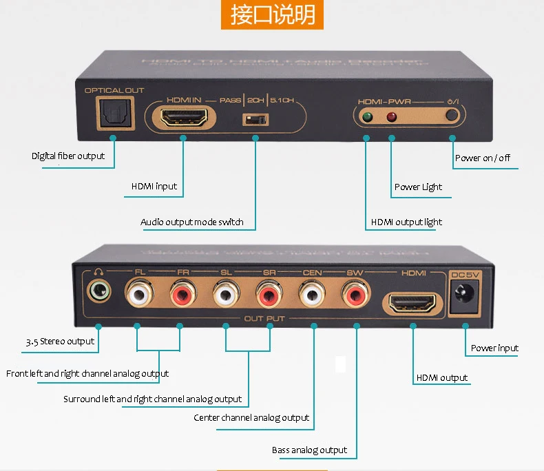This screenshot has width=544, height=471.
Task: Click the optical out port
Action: (x=112, y=111)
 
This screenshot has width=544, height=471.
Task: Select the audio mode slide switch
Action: (x=255, y=120)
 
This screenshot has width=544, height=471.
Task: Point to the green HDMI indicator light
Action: (x=366, y=118)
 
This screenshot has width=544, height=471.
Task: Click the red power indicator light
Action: (x=393, y=118)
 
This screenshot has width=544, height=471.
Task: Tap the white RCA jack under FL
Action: (x=138, y=297)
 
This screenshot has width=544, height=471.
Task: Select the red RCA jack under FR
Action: (x=180, y=297)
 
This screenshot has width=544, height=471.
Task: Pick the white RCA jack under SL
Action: (x=225, y=297)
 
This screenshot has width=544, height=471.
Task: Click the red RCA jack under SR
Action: (x=269, y=297)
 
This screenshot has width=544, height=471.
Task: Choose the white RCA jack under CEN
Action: (x=313, y=297)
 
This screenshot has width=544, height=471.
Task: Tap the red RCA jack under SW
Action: (x=356, y=297)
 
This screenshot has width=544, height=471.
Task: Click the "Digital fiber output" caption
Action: (x=68, y=156)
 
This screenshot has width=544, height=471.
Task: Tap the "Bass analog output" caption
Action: (x=309, y=450)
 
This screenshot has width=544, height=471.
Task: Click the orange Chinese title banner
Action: (x=271, y=15)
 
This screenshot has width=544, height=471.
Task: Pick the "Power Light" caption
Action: (x=418, y=187)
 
